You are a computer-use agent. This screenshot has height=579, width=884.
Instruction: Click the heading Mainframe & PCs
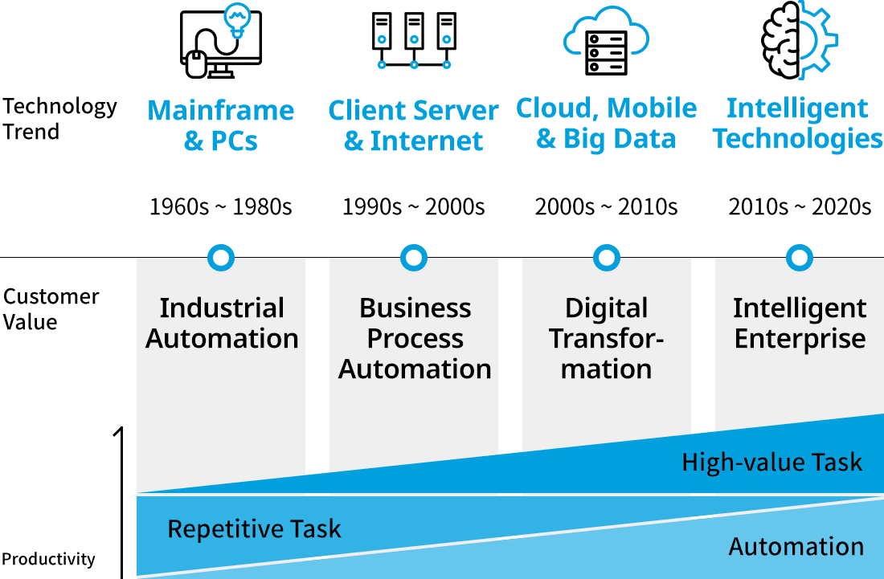click(221, 124)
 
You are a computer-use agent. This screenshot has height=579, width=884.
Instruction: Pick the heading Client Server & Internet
click(413, 124)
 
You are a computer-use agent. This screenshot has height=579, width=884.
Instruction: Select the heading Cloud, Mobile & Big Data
click(606, 123)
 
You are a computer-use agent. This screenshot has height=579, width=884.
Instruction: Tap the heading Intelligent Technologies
click(798, 123)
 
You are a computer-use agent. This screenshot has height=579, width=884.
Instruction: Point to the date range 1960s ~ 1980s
click(220, 207)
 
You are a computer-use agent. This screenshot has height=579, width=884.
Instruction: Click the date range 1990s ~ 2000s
click(413, 207)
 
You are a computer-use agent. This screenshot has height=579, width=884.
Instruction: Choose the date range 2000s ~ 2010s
click(606, 207)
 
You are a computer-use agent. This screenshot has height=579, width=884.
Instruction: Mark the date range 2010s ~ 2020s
click(799, 207)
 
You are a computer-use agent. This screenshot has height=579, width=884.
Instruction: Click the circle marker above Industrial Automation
click(221, 258)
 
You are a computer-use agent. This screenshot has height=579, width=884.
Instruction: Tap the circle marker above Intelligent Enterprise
click(799, 258)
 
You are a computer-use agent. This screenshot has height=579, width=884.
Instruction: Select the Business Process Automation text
click(415, 338)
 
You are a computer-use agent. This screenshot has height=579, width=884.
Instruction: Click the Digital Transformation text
click(607, 338)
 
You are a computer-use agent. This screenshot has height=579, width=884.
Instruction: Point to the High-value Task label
click(771, 463)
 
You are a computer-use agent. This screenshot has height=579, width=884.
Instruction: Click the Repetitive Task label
click(254, 529)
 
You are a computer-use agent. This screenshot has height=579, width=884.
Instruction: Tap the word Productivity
click(48, 559)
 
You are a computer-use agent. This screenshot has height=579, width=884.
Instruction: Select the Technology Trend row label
click(59, 119)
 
